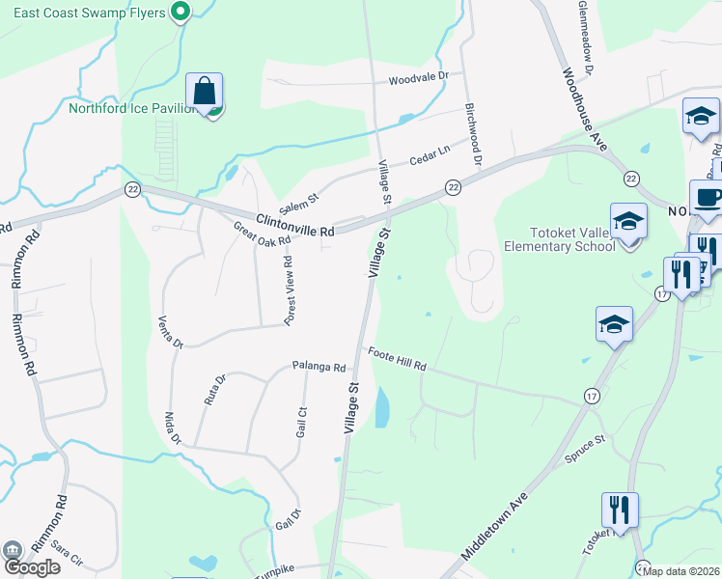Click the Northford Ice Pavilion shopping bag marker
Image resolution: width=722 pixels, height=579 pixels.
(x=205, y=93)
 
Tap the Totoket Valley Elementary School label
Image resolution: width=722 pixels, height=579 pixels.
(x=559, y=238)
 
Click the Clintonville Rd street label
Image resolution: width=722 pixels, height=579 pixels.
(x=295, y=224)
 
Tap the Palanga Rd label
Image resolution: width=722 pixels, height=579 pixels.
(x=319, y=367)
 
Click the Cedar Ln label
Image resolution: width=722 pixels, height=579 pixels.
(x=430, y=152)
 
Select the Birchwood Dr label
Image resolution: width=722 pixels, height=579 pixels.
(x=473, y=133)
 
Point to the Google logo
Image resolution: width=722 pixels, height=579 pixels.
(x=32, y=566)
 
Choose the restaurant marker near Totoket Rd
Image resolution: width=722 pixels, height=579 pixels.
(x=619, y=509)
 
